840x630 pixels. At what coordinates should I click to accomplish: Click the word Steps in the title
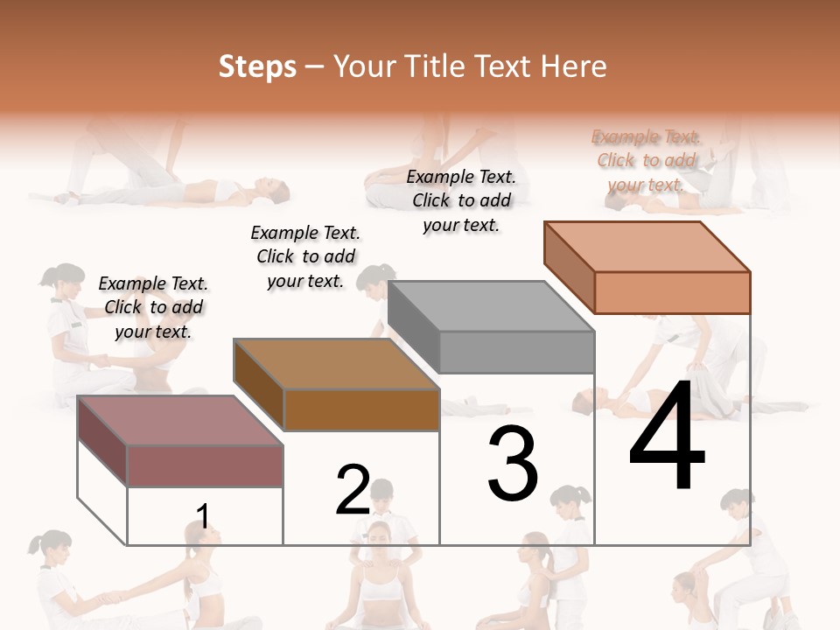tap(257, 66)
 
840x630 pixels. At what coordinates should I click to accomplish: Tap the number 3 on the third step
tap(513, 464)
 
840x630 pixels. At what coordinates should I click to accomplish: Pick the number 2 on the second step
tap(353, 490)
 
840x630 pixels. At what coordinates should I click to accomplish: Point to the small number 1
tap(203, 516)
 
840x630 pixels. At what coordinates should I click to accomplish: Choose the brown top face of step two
tap(337, 363)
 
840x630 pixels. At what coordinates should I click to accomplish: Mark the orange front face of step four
tap(672, 292)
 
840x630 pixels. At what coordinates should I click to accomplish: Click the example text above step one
tap(153, 307)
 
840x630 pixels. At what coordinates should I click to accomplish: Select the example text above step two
tap(305, 256)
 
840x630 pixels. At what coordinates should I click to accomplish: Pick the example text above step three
tap(461, 200)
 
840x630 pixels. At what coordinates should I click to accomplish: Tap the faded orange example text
tap(646, 160)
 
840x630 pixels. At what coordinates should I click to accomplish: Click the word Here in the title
tap(573, 66)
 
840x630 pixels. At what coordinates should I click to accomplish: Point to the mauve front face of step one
tap(206, 465)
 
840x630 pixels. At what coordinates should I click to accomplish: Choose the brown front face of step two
tap(361, 409)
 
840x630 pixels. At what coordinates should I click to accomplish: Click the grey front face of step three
tap(516, 353)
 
